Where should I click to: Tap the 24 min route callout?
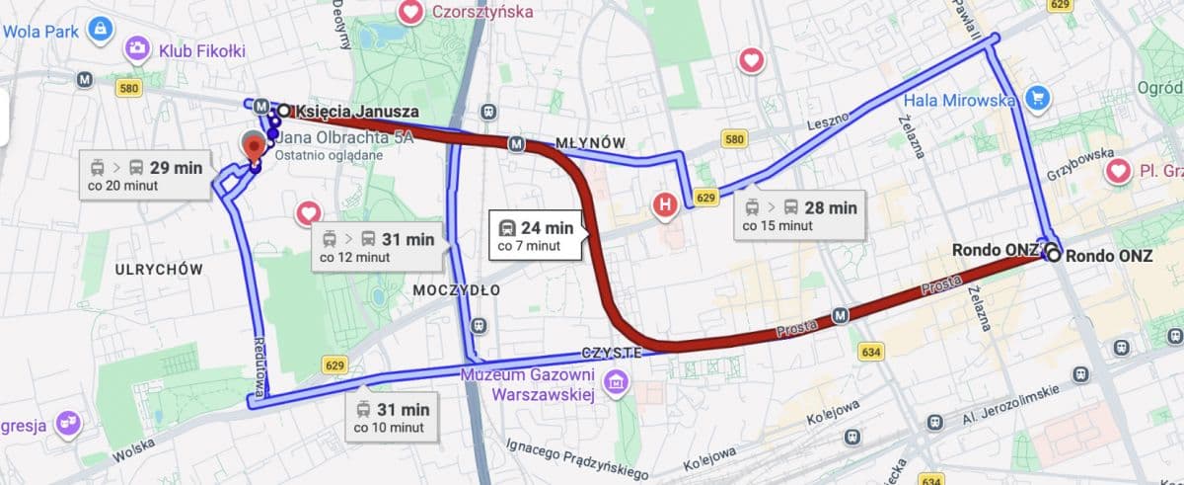[537, 235]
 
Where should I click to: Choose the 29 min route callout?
[145, 176]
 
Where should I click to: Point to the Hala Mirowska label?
[958, 100]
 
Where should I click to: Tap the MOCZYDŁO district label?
[456, 290]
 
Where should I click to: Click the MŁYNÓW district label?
[590, 143]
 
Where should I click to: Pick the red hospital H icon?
[667, 205]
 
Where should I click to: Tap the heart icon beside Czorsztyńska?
[410, 12]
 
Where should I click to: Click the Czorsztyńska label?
[481, 12]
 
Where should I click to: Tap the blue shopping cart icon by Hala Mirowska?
[1036, 98]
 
